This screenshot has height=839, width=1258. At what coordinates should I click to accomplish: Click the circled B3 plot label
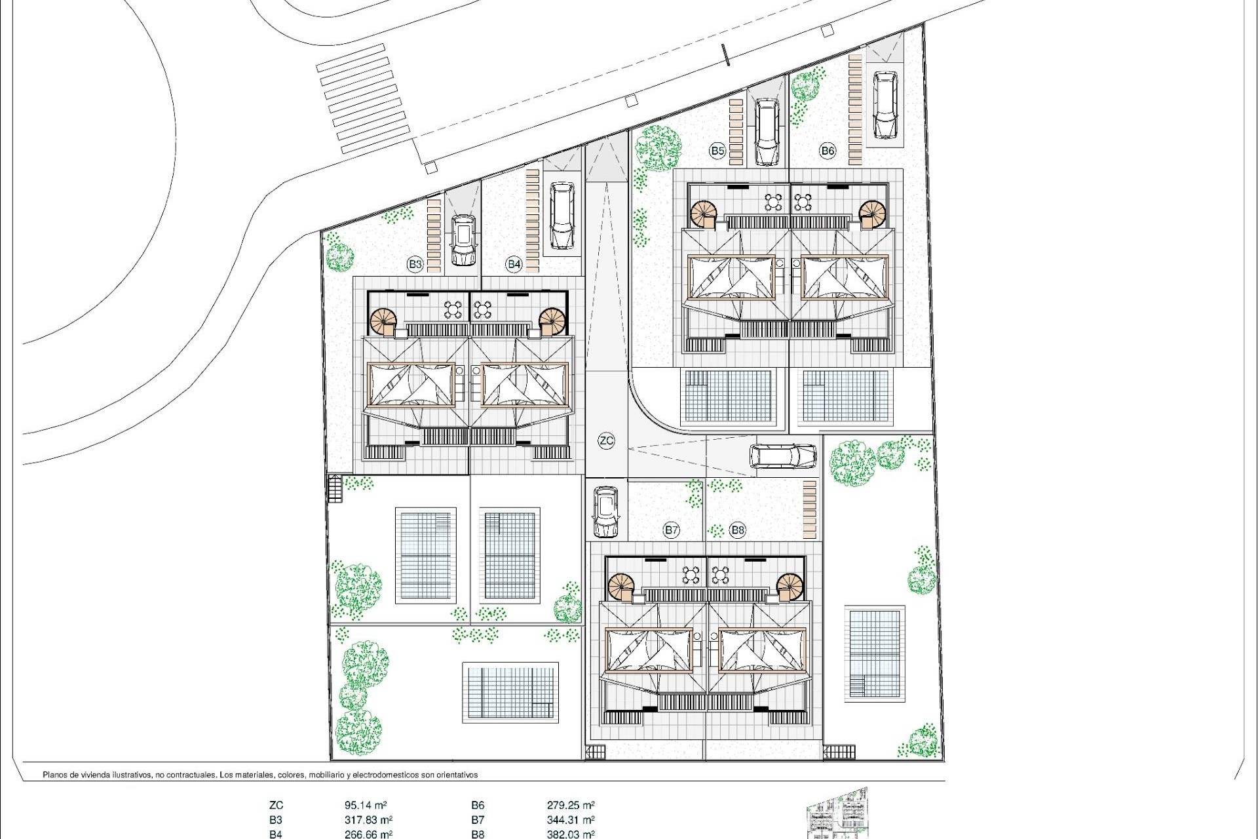(415, 264)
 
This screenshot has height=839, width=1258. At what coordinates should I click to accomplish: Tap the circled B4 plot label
(514, 264)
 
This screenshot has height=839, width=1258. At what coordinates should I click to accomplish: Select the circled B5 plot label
(717, 151)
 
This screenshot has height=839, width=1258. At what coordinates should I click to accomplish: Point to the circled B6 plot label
(828, 151)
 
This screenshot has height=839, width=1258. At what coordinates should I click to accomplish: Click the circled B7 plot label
(671, 530)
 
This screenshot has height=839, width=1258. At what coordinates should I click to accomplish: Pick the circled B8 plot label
(738, 530)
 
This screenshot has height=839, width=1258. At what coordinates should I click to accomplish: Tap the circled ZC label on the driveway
(607, 440)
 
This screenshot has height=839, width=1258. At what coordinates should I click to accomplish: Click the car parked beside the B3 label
(463, 240)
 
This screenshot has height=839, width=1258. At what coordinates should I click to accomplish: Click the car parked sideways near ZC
(783, 456)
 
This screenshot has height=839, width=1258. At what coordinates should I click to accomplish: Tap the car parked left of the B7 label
(606, 511)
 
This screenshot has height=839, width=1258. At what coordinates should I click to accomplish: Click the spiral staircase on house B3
(383, 322)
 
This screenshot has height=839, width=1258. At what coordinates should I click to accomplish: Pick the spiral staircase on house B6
(872, 213)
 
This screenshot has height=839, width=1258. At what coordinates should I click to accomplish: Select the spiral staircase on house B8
(790, 586)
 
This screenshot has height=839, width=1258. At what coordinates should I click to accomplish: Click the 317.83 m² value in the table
(368, 820)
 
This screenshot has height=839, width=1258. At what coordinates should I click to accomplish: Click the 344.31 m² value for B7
(570, 820)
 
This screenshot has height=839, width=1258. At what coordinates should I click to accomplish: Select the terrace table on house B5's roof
(774, 201)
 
